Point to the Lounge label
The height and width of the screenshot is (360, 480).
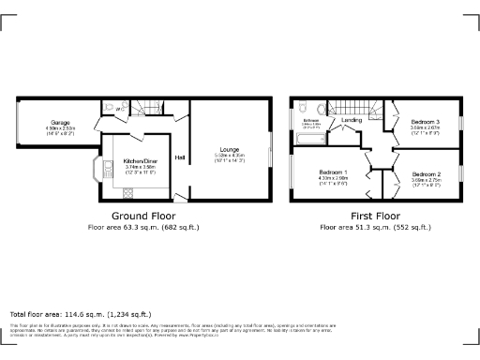(x=229, y=149)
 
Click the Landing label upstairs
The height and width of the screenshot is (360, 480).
(x=352, y=121)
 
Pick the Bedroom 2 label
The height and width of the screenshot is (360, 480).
(x=427, y=173)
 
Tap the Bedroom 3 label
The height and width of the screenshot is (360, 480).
(x=426, y=123)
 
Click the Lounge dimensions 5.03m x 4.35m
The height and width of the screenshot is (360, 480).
(x=230, y=157)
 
